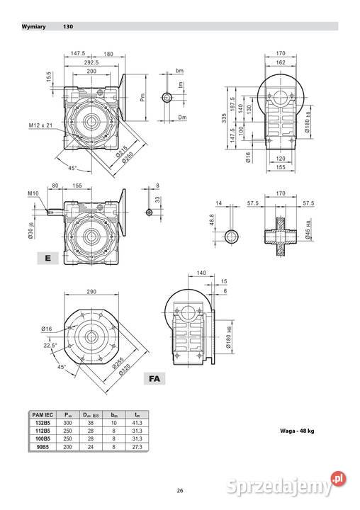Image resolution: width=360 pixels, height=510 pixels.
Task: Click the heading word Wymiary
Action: point(33,27)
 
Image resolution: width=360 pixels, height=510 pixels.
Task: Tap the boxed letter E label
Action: point(47,259)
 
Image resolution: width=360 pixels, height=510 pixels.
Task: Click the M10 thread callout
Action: point(33,193)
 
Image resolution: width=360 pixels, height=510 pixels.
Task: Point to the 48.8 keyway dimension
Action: point(213,222)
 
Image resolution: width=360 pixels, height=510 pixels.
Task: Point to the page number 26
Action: point(180,490)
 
